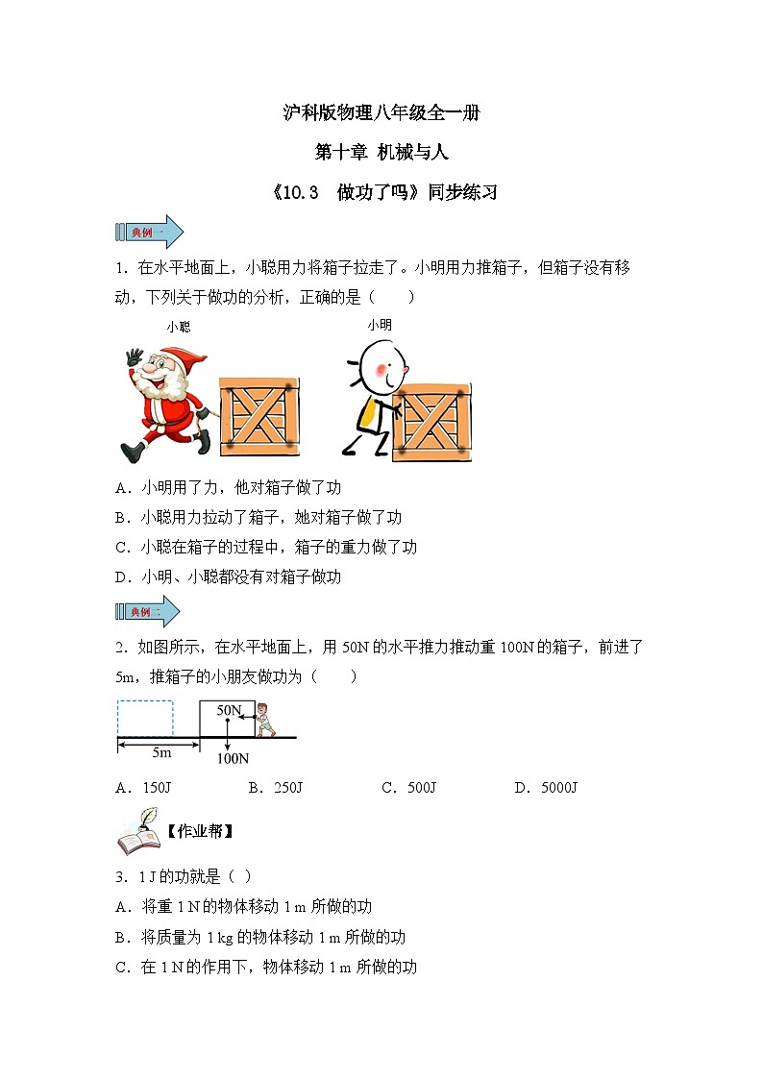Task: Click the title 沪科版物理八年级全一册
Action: click(381, 112)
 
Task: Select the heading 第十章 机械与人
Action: click(381, 152)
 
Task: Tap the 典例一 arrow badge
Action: click(149, 232)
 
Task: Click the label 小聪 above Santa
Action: click(178, 327)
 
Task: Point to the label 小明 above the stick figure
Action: click(380, 325)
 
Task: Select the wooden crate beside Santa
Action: click(259, 416)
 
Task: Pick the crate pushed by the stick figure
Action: click(431, 422)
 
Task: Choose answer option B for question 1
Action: click(258, 518)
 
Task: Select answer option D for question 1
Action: click(228, 576)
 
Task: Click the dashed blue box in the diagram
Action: click(145, 719)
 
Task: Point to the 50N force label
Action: click(229, 710)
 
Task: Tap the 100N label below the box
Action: click(233, 758)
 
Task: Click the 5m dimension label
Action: click(161, 753)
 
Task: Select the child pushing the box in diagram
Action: click(265, 720)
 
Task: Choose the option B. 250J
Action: click(275, 788)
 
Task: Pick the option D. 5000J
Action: click(546, 788)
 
